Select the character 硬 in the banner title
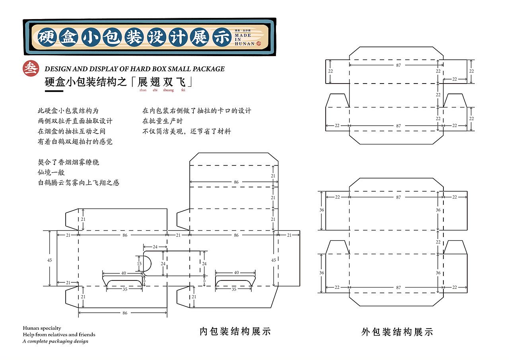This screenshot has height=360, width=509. click(x=47, y=37)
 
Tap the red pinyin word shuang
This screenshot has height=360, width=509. click(x=168, y=90)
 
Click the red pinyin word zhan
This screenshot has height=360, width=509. click(x=143, y=90)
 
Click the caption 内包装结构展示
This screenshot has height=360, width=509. click(x=235, y=331)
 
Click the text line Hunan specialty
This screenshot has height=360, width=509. click(x=42, y=328)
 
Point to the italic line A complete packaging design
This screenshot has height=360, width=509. click(x=55, y=341)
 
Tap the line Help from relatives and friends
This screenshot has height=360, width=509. click(x=59, y=335)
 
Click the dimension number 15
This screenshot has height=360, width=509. click(x=139, y=263)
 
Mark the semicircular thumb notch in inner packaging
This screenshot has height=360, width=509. click(x=147, y=263)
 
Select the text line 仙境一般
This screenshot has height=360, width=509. click(x=51, y=173)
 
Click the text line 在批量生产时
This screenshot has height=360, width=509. click(x=163, y=121)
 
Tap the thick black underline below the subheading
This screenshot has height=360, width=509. click(x=54, y=91)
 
